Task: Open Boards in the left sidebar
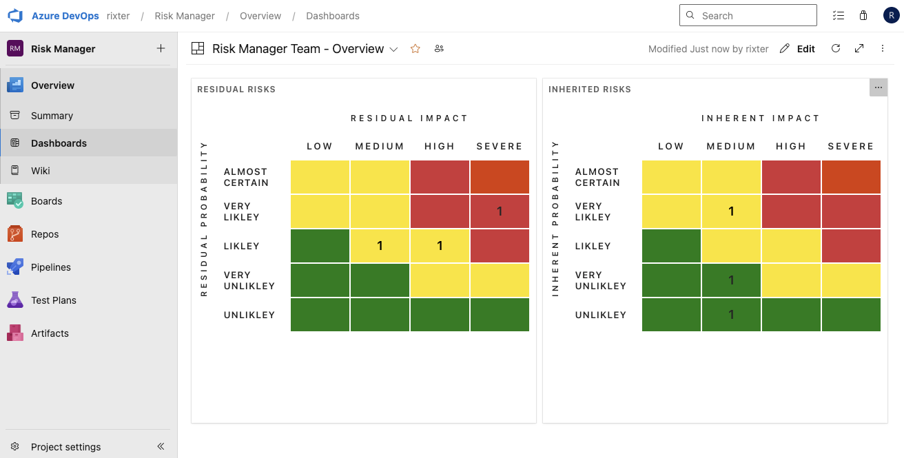click(x=46, y=201)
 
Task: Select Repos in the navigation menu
click(x=45, y=234)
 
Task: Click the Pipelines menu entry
click(x=50, y=267)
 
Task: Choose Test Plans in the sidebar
click(x=53, y=300)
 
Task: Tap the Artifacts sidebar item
click(x=50, y=333)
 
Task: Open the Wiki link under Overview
click(x=40, y=171)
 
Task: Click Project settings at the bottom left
click(x=65, y=447)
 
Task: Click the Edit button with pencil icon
click(x=798, y=49)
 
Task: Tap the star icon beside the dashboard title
click(x=415, y=49)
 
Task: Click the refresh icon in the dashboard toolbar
click(x=836, y=49)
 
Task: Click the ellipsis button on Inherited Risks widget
click(x=878, y=87)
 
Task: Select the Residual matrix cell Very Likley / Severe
click(x=500, y=211)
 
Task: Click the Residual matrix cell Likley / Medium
click(x=380, y=246)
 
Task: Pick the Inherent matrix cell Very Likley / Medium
click(x=731, y=211)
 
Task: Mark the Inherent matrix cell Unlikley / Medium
click(x=731, y=315)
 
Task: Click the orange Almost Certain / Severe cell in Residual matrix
click(x=500, y=177)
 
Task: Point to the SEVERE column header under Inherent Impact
click(x=850, y=147)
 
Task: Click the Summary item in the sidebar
click(x=52, y=116)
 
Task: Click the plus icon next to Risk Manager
click(x=161, y=48)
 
